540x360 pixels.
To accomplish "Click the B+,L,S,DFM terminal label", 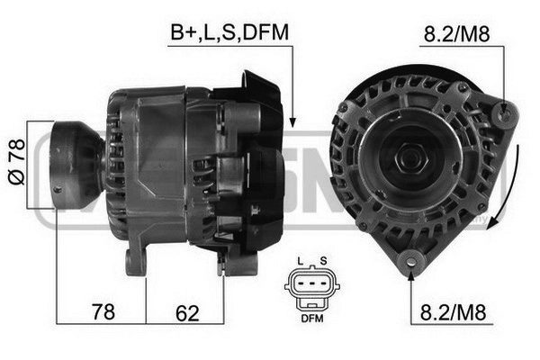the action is (229, 33).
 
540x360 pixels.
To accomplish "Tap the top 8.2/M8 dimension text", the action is (456, 34).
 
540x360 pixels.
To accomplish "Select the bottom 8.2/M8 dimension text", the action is (453, 312).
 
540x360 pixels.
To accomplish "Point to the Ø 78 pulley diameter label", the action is (17, 162).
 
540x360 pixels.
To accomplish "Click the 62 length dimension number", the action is (187, 313).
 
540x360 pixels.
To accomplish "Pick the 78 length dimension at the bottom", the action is (103, 311).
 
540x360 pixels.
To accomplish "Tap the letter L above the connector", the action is (301, 261).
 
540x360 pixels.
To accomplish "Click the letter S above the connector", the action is (323, 261).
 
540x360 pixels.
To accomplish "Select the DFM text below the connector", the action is (312, 319).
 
